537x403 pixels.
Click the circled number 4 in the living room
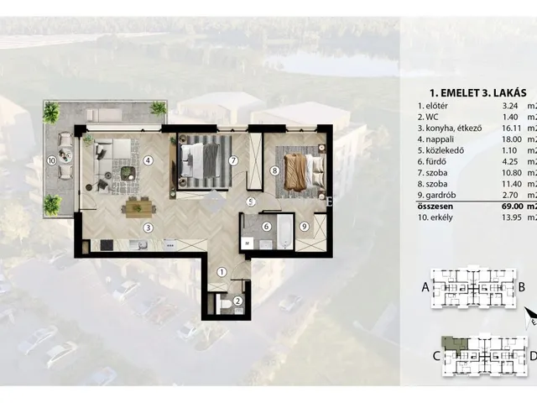coord(148,160)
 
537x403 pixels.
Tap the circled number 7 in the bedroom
coord(233,160)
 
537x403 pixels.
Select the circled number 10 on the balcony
coord(52,160)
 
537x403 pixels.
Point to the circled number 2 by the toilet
coord(237,301)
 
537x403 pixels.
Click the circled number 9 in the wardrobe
coord(304,226)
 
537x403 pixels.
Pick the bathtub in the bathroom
coord(285,232)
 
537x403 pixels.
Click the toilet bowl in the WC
coord(226,304)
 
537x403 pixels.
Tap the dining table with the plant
coord(138,208)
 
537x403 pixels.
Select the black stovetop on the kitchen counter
coord(107,244)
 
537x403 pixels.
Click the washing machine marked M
coord(247,243)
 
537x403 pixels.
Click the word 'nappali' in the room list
coord(440,139)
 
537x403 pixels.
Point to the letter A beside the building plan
coord(425,287)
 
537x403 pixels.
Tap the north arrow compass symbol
coord(531,317)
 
